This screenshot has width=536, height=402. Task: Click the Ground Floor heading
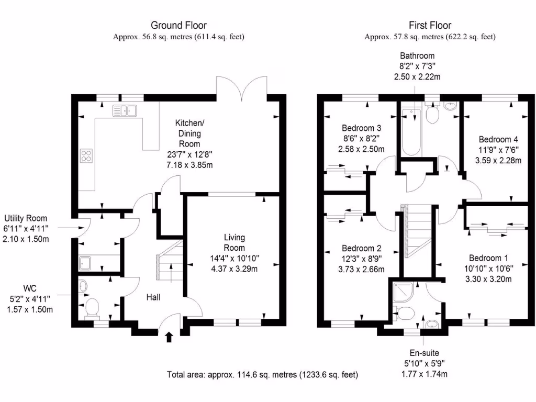tap(178, 25)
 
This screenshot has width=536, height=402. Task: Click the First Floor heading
tap(430, 25)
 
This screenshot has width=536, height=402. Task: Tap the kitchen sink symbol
tap(125, 110)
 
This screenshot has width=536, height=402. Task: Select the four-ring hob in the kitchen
tap(86, 155)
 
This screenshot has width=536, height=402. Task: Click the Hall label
tap(153, 297)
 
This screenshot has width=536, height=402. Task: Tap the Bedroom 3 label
tap(361, 128)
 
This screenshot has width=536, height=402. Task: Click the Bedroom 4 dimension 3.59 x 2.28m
tap(498, 161)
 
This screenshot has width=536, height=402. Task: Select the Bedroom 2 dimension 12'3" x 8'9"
tap(361, 259)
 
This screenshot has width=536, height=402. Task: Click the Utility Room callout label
tap(26, 218)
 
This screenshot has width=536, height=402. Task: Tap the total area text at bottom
tap(263, 374)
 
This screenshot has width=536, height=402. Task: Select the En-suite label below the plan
tap(425, 353)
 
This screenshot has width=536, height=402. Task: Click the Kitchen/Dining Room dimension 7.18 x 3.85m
tap(189, 165)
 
